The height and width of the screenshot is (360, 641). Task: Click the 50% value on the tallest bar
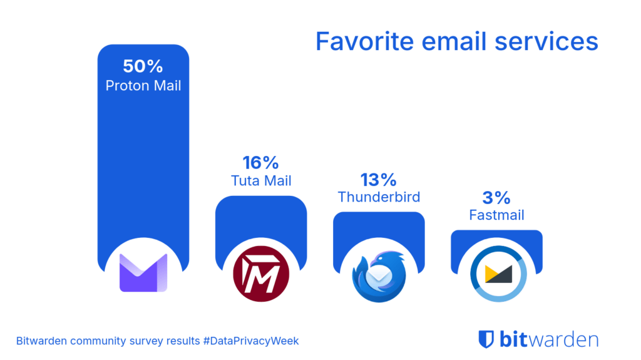pyautogui.click(x=143, y=66)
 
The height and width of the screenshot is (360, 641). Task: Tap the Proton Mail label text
pyautogui.click(x=143, y=85)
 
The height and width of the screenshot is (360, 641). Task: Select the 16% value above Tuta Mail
pyautogui.click(x=260, y=163)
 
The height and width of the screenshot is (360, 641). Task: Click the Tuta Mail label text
pyautogui.click(x=260, y=182)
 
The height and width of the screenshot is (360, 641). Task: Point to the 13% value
pyautogui.click(x=379, y=180)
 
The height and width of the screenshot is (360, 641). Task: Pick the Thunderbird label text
pyautogui.click(x=379, y=197)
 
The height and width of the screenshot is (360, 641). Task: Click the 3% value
pyautogui.click(x=497, y=198)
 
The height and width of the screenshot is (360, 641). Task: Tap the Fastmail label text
pyautogui.click(x=497, y=215)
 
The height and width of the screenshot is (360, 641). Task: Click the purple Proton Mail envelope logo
pyautogui.click(x=143, y=274)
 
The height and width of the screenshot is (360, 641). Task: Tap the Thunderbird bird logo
pyautogui.click(x=379, y=275)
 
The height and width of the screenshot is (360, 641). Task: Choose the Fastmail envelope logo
pyautogui.click(x=496, y=275)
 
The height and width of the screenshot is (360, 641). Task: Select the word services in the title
pyautogui.click(x=550, y=41)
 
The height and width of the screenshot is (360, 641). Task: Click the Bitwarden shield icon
pyautogui.click(x=486, y=339)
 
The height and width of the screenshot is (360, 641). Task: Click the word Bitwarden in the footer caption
pyautogui.click(x=43, y=341)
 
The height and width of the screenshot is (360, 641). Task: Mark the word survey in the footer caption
pyautogui.click(x=141, y=341)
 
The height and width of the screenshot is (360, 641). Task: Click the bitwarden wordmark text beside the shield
pyautogui.click(x=549, y=339)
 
